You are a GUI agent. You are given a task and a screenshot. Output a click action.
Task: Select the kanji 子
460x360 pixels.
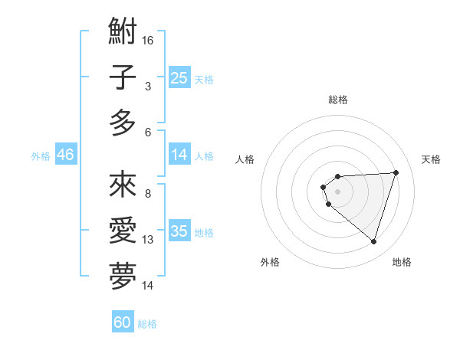coord(123,77)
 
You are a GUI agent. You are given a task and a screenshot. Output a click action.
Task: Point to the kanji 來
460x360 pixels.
coord(123,185)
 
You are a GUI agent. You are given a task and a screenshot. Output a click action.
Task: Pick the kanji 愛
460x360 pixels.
coord(123,229)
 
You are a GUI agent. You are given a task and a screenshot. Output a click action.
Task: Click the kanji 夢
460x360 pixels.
coord(123,275)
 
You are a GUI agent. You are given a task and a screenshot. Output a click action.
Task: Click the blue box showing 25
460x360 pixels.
coord(179,78)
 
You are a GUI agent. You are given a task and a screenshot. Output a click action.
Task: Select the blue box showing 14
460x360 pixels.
coord(179,155)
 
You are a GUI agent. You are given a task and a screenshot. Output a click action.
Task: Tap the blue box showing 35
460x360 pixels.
coord(179,231)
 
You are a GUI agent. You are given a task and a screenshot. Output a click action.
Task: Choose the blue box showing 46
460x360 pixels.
coord(66,155)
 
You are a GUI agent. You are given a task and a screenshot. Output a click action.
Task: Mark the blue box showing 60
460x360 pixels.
coord(123,322)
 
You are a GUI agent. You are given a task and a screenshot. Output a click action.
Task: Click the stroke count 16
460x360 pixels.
coord(148,38)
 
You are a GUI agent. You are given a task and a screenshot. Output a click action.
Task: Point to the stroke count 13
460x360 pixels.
coord(148,240)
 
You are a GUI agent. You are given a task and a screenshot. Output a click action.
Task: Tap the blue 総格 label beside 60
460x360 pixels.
coord(147,324)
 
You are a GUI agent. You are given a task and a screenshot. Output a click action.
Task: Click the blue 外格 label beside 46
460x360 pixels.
coord(41,156)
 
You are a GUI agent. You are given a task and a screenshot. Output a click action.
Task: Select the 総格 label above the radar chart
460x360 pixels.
coord(337,100)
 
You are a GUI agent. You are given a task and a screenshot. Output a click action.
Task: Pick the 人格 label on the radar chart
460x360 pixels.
coord(245,159)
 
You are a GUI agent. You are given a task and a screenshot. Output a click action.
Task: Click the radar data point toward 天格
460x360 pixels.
coord(396,172)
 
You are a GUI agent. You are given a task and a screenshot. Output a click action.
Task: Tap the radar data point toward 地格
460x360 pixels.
coord(373,241)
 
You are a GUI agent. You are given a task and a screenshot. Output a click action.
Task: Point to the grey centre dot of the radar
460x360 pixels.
coord(337,191)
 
